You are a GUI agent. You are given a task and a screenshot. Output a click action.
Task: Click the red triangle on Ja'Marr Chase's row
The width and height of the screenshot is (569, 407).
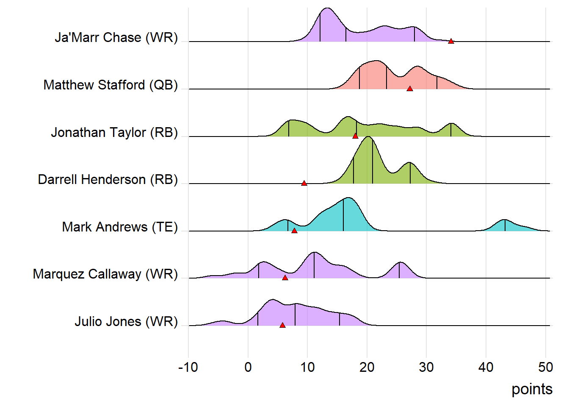coord(451,41)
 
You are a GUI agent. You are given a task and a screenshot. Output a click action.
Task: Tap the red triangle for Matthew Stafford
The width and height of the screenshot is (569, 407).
coord(409,89)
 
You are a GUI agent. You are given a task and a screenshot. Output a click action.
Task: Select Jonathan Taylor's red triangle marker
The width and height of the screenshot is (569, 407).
coord(355,136)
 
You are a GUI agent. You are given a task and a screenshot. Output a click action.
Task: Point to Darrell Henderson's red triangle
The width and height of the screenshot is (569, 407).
coord(304,183)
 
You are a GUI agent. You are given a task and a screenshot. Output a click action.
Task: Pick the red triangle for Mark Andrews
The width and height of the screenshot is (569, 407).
coord(294,231)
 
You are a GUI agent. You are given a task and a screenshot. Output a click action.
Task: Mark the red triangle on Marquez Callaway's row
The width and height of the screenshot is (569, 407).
coord(285,278)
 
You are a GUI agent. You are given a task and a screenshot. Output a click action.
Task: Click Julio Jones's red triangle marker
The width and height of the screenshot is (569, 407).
coord(282,325)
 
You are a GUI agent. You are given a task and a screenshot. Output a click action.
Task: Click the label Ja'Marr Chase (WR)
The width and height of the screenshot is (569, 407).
coord(116,37)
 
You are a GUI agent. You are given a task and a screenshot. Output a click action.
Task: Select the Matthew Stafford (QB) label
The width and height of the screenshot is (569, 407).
coord(110,85)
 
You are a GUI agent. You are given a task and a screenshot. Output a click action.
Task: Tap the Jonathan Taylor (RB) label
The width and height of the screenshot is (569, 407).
coord(114,132)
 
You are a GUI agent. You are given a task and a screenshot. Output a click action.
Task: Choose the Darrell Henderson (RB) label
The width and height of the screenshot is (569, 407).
coord(108,179)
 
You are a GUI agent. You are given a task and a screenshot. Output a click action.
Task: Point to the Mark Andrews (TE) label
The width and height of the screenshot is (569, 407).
coord(120,227)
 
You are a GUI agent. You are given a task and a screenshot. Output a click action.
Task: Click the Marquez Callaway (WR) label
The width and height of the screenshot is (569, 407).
coord(105,274)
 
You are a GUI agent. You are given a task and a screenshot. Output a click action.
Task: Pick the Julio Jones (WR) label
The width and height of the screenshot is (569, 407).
coord(126,321)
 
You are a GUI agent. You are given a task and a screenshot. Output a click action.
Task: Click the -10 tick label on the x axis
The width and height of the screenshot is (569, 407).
coord(188,367)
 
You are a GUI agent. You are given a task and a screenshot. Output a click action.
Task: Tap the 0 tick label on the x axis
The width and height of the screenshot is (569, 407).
coord(248,367)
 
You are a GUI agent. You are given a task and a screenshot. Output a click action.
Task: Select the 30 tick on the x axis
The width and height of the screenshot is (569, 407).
coord(426,367)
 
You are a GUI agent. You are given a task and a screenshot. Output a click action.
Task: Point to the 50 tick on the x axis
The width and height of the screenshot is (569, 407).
coord(545,367)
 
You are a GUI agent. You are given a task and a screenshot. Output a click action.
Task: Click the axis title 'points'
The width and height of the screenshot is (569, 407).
coord(532,389)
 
